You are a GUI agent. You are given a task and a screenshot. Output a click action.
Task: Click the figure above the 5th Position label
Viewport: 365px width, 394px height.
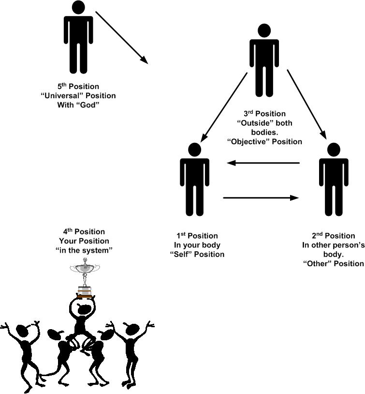tap(78, 39)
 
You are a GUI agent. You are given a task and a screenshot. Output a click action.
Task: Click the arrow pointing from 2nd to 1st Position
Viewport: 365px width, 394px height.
tap(264, 164)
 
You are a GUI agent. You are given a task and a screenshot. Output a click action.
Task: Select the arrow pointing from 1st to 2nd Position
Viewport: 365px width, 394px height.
tap(260, 197)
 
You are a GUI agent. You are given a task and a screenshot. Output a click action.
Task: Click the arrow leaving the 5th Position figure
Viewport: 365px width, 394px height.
tap(121, 37)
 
